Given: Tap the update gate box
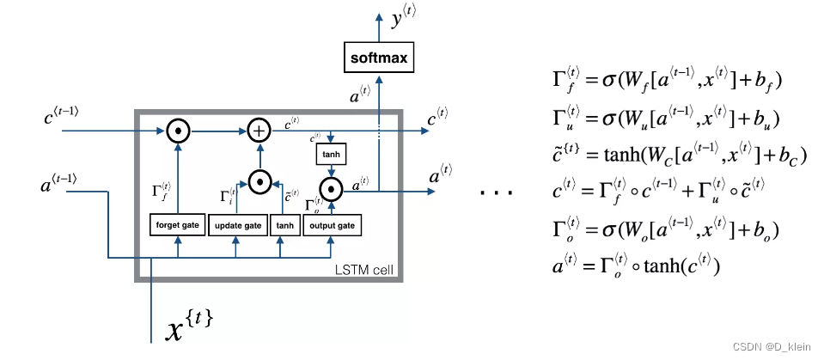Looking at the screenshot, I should point(236,225).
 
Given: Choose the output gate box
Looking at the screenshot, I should point(332,225).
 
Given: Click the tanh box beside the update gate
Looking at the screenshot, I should point(284,225).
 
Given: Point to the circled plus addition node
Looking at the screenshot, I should point(259,131).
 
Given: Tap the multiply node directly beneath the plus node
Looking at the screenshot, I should point(259,181).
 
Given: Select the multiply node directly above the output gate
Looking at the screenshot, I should point(329,186).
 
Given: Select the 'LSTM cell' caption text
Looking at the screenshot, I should point(362,271).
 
